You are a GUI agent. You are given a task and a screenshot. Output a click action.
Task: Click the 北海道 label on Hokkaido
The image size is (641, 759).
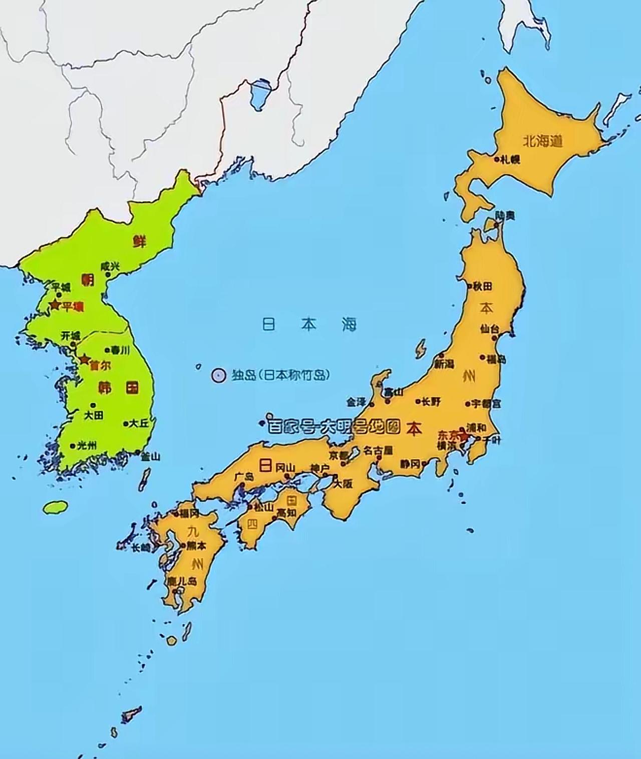pyautogui.click(x=543, y=141)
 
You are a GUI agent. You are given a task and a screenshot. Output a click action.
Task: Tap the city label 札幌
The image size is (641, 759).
pyautogui.click(x=511, y=160)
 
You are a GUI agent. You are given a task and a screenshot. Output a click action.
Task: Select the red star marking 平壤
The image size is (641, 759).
pyautogui.click(x=55, y=305)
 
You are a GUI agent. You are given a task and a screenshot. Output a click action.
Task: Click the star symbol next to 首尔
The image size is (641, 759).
pyautogui.click(x=84, y=359)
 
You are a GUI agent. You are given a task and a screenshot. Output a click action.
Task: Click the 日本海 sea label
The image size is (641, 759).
pyautogui.click(x=309, y=324)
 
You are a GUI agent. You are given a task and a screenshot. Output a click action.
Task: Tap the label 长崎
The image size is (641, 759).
pyautogui.click(x=141, y=548)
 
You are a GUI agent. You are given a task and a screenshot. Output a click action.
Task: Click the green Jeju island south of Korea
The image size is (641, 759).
pyautogui.click(x=56, y=507)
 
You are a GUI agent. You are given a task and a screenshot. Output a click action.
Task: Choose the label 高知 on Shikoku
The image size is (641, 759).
pyautogui.click(x=287, y=513)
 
